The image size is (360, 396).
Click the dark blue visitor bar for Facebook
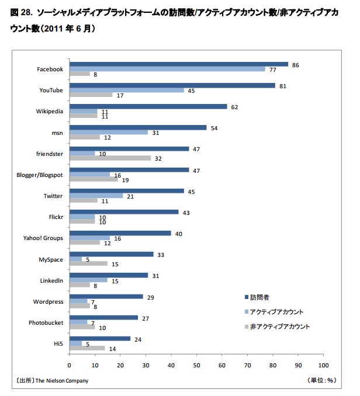[178, 64]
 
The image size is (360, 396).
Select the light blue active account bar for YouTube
[127, 90]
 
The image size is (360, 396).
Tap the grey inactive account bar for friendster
[110, 158]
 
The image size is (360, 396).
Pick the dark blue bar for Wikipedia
[148, 106]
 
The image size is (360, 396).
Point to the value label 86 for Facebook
[295, 64]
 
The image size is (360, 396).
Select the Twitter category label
[53, 196]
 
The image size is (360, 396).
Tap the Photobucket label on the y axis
[46, 322]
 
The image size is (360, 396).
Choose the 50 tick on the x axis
[196, 366]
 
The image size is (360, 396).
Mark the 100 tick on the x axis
[323, 366]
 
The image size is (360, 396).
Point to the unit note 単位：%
[321, 381]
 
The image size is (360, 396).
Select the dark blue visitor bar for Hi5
[100, 338]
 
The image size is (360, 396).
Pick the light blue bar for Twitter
[96, 196]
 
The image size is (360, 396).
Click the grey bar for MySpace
[88, 263]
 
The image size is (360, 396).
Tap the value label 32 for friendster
[158, 158]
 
